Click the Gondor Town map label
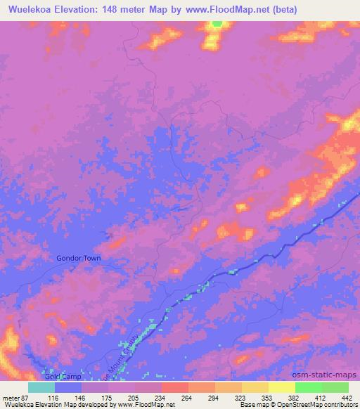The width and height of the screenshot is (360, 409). point(79,258)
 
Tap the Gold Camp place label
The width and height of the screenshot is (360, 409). point(59,377)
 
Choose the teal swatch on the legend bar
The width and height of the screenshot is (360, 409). point(41,387)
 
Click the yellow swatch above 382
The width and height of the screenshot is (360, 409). point(282,387)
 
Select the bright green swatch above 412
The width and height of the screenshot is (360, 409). point(309,387)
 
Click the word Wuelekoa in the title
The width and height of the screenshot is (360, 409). point(31,10)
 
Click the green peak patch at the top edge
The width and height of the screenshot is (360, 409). point(217,24)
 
